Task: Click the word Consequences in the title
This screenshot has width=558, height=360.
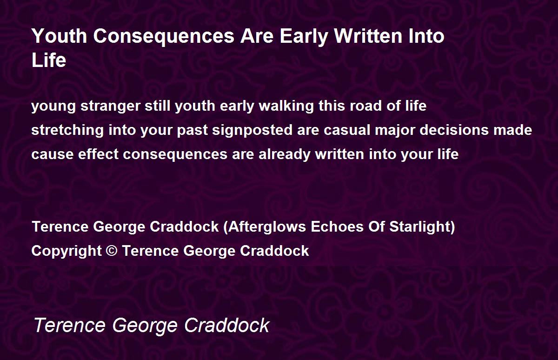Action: pos(164,36)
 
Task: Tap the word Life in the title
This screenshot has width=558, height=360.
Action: pos(49,60)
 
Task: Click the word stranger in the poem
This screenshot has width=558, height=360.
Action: pos(110,107)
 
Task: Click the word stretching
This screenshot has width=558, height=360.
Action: pos(67,130)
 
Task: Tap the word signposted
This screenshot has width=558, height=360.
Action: pos(252,130)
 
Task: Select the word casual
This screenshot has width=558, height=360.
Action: pos(346,130)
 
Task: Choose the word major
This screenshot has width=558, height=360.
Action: pos(395,130)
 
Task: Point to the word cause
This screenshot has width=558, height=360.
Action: pos(52,154)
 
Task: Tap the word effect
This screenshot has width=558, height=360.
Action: pos(98,154)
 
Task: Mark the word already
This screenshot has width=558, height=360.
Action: pos(285,154)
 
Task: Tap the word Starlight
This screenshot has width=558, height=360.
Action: pos(420,227)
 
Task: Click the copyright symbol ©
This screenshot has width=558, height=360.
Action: pos(111,251)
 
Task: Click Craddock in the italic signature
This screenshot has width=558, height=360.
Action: pos(227,325)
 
